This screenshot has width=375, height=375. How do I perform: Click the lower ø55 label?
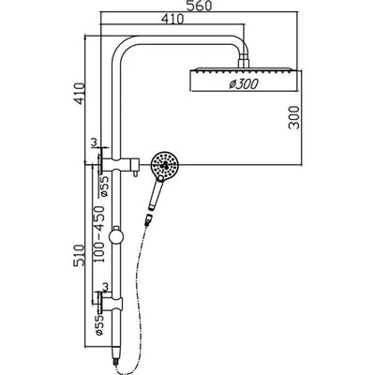[97, 326]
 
